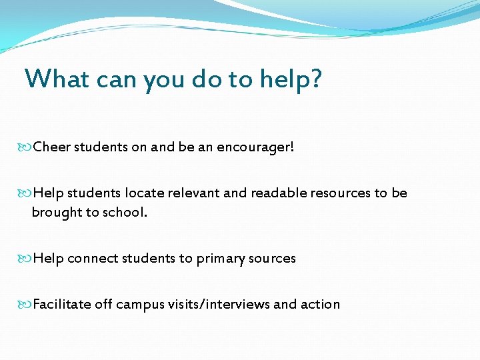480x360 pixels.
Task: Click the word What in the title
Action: [x=57, y=79]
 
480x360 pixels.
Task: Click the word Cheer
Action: [x=52, y=146]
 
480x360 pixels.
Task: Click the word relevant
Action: [x=199, y=193]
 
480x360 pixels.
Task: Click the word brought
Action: [x=55, y=213]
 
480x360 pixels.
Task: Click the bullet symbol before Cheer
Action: [x=27, y=146]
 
